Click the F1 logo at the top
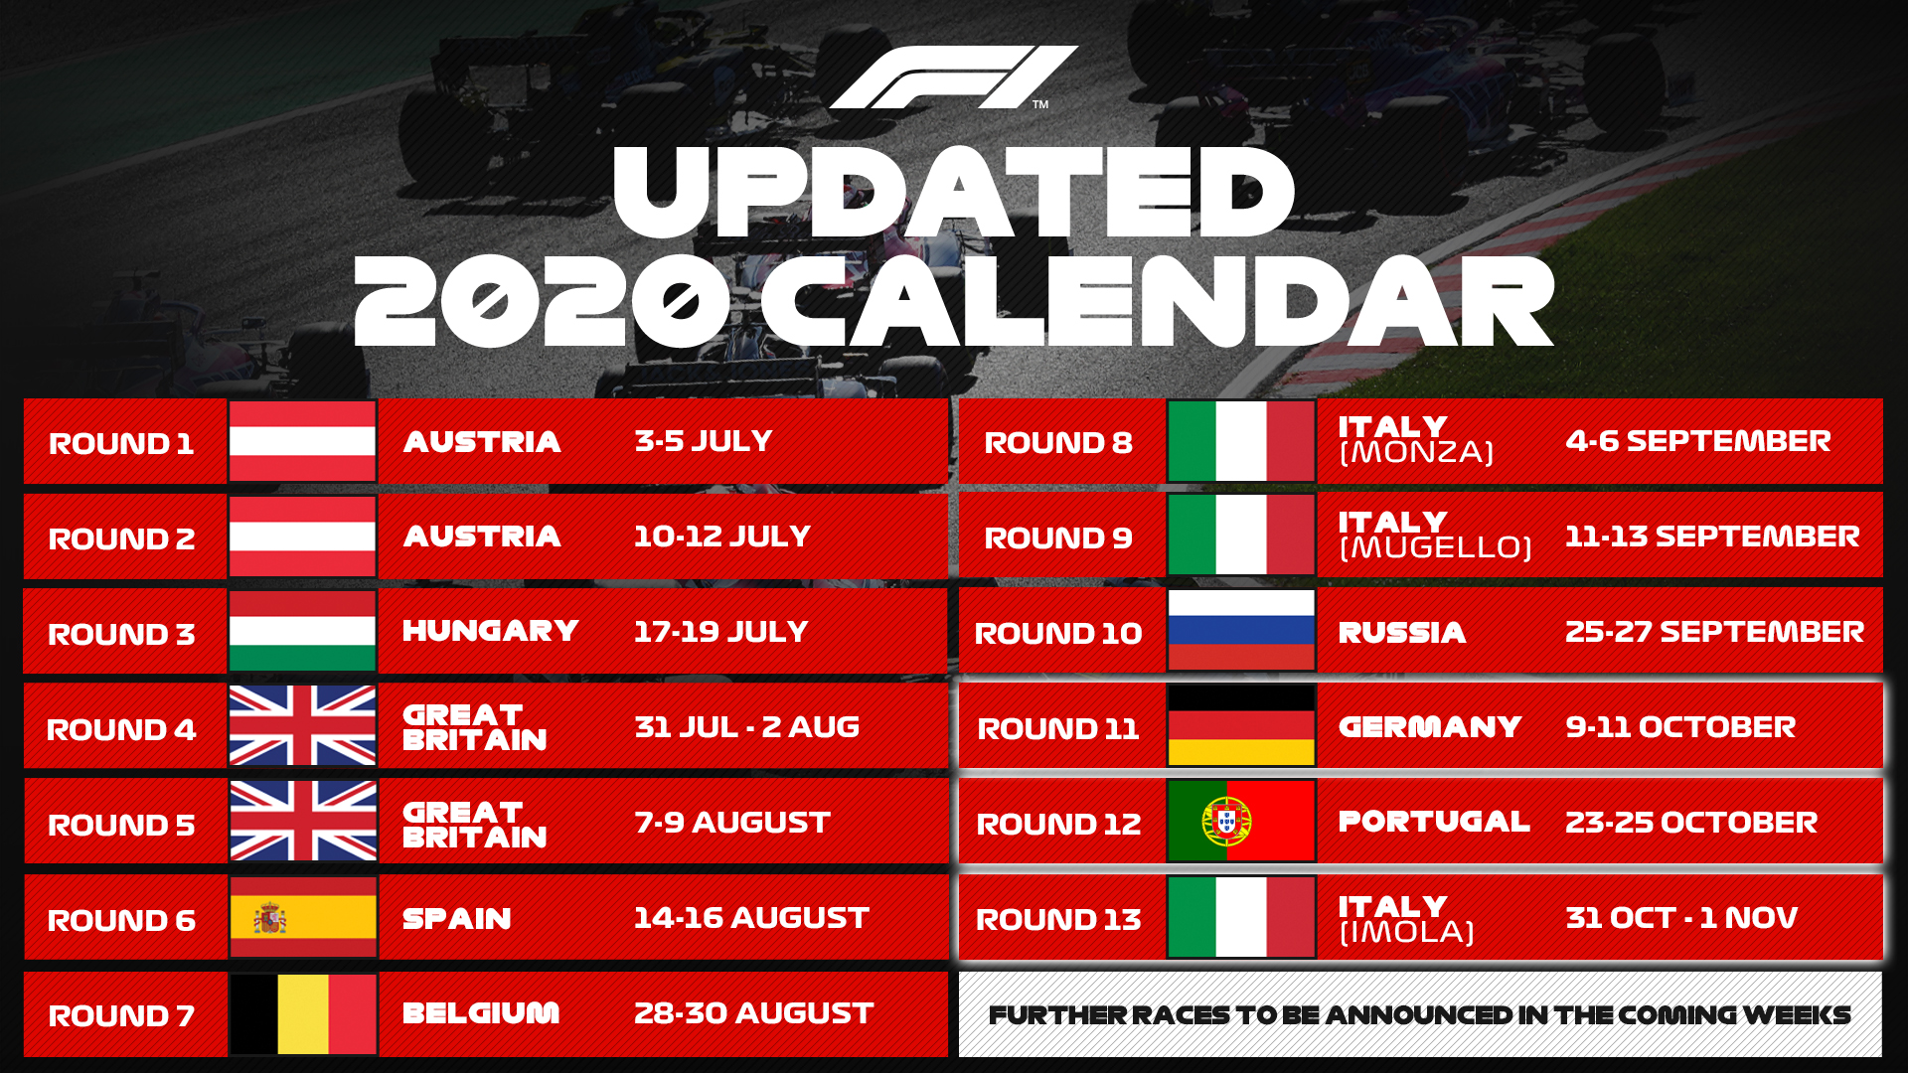(952, 77)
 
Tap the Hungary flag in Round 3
(302, 632)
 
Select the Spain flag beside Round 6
(302, 917)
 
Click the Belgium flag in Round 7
(302, 1013)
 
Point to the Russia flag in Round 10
(1241, 631)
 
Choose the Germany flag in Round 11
(1241, 726)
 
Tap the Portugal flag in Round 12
(1241, 822)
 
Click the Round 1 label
(121, 443)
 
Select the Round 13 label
(1058, 919)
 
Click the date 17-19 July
(720, 632)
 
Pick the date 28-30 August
(753, 1013)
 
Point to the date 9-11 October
(1680, 727)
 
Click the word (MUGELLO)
(1435, 547)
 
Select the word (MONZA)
(1416, 453)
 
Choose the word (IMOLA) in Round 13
(1406, 933)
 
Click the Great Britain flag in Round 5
(302, 822)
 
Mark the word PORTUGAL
(1433, 822)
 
